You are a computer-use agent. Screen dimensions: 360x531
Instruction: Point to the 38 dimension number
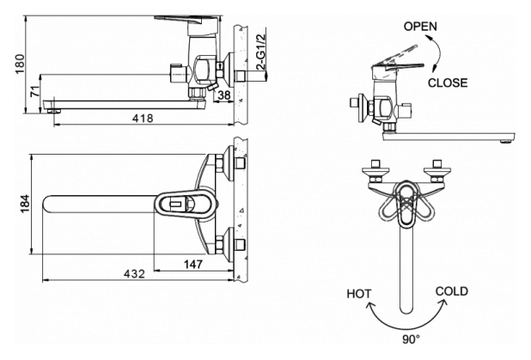[223, 95]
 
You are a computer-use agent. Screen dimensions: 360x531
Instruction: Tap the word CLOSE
[448, 83]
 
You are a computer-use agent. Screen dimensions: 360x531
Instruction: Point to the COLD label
[452, 291]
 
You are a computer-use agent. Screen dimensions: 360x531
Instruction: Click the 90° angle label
[412, 340]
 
